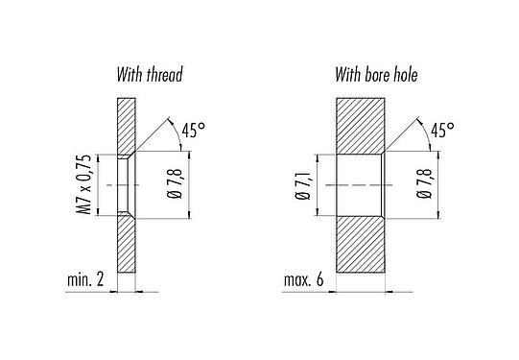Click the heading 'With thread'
click(149, 74)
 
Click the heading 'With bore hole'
click(376, 74)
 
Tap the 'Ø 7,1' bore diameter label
click(303, 183)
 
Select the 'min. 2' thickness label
click(85, 281)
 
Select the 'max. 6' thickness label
click(304, 281)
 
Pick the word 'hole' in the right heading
click(402, 74)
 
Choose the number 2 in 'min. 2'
click(102, 281)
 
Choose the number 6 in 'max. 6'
click(322, 281)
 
